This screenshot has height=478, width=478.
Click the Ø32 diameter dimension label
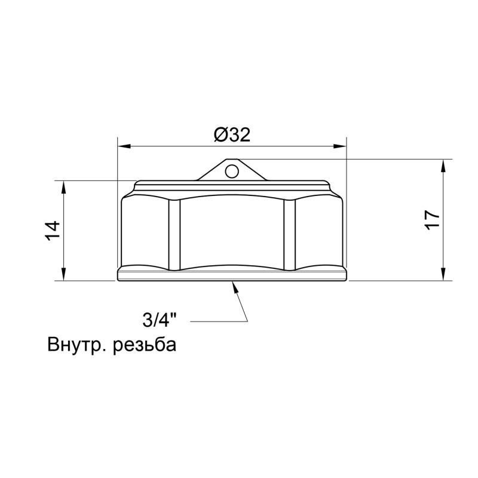click(x=231, y=135)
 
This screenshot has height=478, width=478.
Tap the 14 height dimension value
click(x=53, y=231)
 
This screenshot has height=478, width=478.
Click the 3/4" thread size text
click(x=160, y=321)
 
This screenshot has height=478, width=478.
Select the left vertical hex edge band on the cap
click(x=174, y=234)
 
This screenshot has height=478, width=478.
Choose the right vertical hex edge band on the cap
click(x=290, y=234)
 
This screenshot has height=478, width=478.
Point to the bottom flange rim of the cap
click(x=232, y=275)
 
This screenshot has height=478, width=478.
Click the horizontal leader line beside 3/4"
click(x=219, y=322)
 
